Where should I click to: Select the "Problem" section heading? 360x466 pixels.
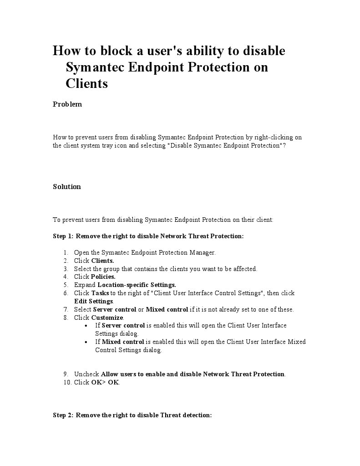[x=67, y=104]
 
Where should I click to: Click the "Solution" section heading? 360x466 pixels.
[x=67, y=187]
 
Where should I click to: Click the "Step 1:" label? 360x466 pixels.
[x=63, y=236]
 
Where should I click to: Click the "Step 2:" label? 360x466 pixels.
[x=63, y=415]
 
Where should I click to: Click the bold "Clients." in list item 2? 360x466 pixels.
[x=102, y=261]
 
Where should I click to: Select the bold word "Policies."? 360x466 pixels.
[x=103, y=277]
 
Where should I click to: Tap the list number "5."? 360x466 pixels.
[x=66, y=285]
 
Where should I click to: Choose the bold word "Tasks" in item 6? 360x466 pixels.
[x=100, y=293]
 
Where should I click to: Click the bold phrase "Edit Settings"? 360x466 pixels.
[x=94, y=301]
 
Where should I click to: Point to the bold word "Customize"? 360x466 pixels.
[x=107, y=317]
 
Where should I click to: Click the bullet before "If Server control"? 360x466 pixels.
[x=87, y=326]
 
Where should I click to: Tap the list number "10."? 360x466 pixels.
[x=67, y=383]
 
